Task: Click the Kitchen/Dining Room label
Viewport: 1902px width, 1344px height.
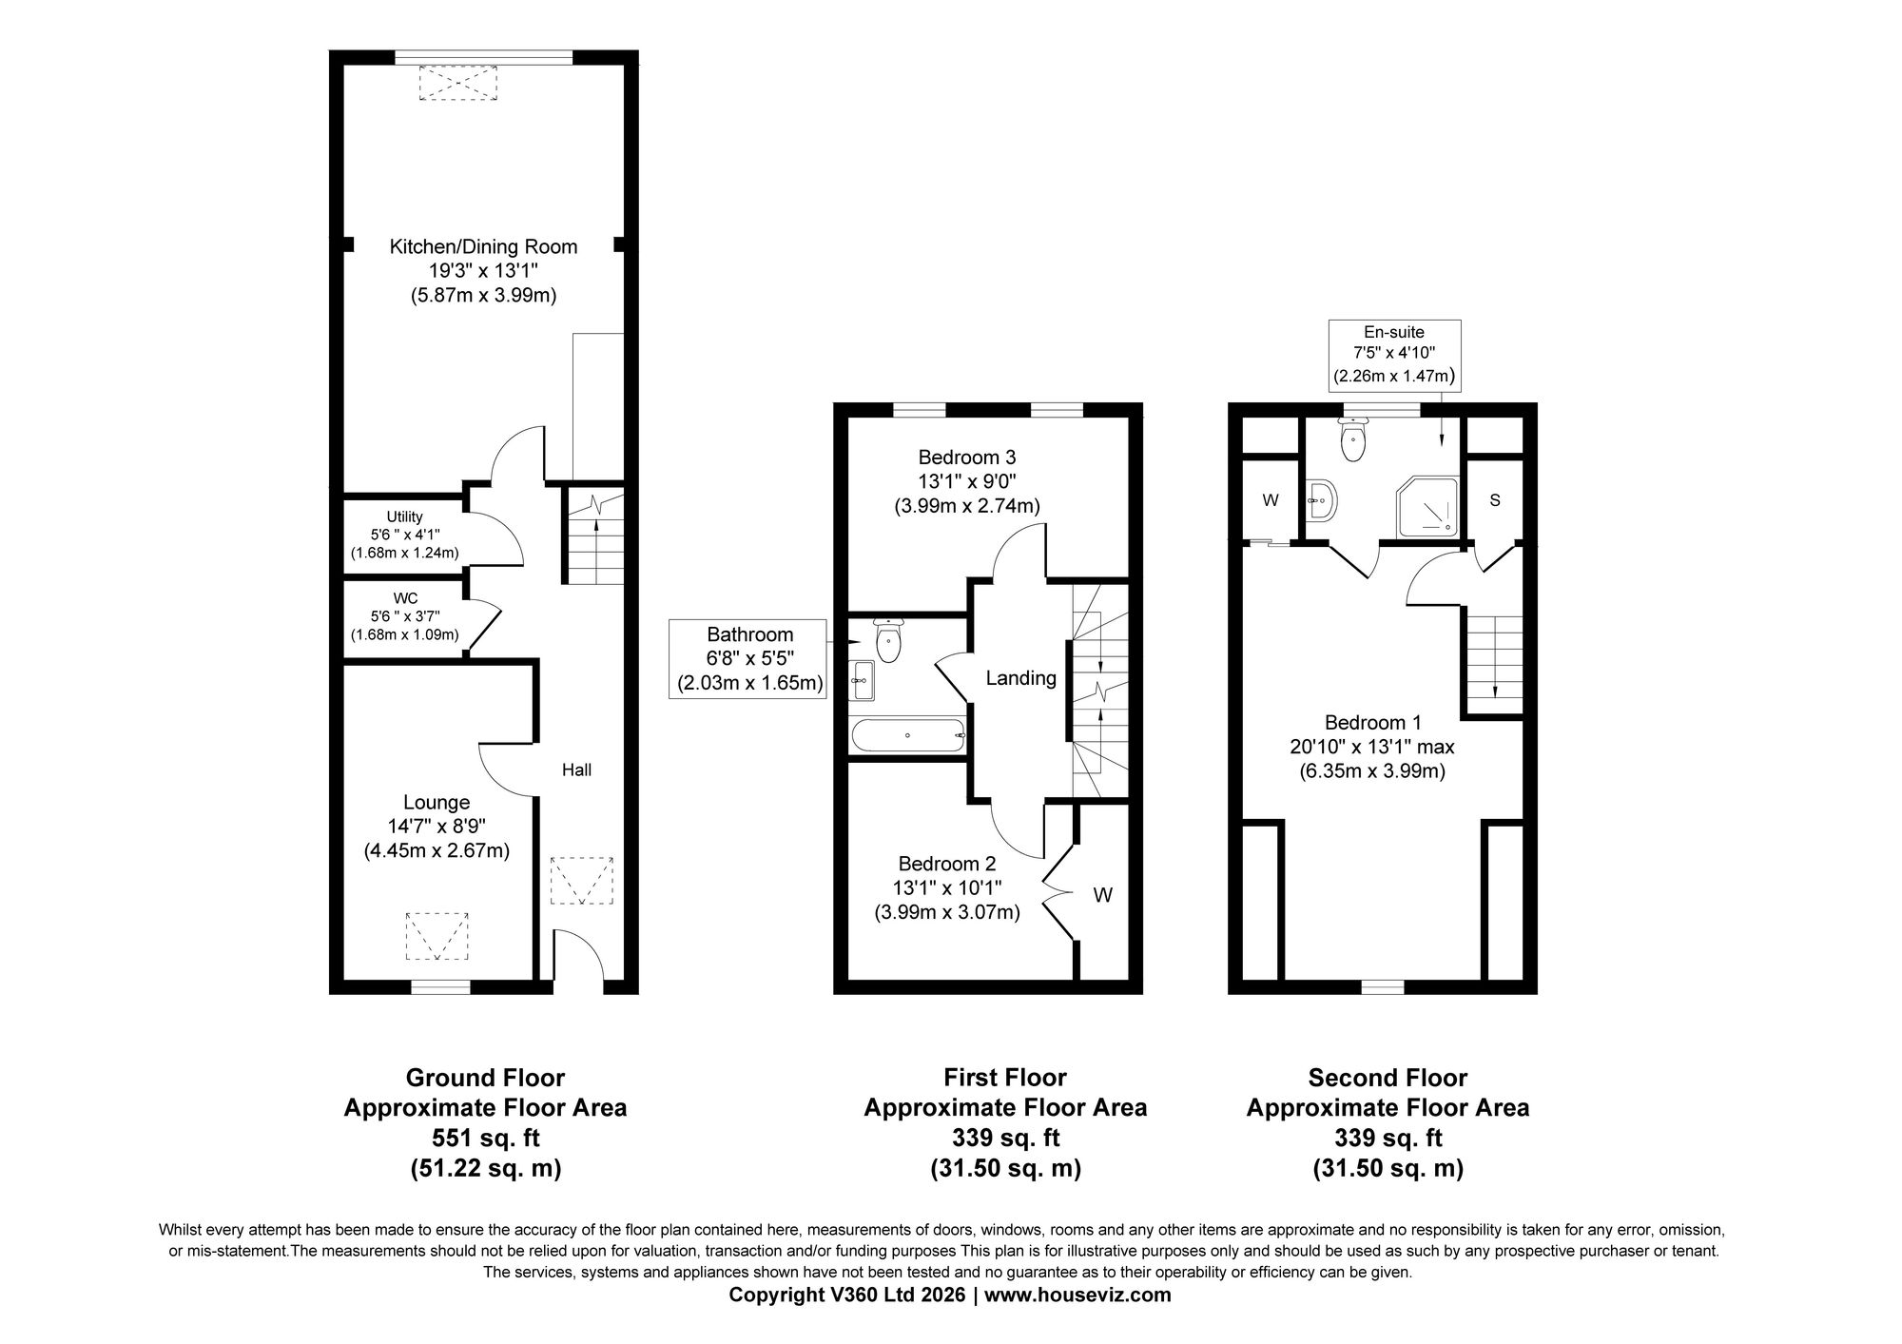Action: coord(483,247)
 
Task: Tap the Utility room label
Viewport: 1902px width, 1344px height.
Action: coord(404,516)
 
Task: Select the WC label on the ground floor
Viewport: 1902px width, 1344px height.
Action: coord(405,598)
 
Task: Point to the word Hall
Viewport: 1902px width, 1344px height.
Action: coord(576,769)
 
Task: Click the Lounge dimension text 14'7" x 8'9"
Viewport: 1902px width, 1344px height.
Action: coord(437,827)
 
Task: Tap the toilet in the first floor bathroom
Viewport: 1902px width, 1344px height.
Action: coord(888,637)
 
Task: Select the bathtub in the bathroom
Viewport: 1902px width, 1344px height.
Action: coord(909,735)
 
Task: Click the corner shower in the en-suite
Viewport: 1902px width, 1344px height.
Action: coord(1426,503)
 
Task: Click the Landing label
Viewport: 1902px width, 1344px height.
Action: coord(1020,678)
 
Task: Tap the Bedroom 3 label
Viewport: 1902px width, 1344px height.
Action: coord(966,458)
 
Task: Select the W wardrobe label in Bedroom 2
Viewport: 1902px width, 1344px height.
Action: coord(1103,895)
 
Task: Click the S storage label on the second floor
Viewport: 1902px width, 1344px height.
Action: coord(1495,500)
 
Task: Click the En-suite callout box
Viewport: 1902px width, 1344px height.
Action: coord(1393,355)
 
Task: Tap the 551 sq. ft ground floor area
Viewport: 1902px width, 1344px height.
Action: coord(486,1138)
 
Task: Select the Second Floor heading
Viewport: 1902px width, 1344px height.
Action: coord(1388,1078)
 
